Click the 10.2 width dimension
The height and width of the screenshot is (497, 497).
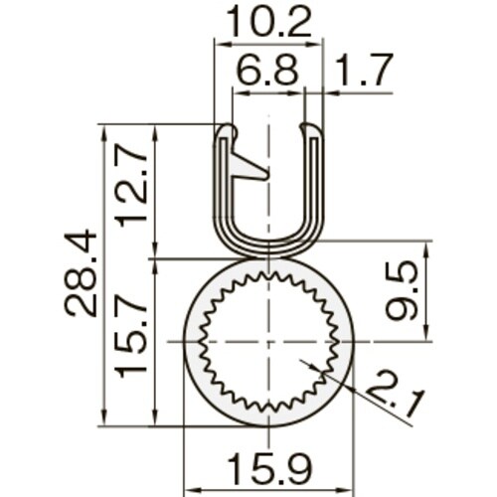[x=268, y=20]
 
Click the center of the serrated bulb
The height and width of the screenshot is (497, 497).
[x=268, y=341]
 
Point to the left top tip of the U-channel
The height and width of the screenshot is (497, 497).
[x=227, y=130]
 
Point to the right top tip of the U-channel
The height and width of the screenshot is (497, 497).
[x=311, y=130]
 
